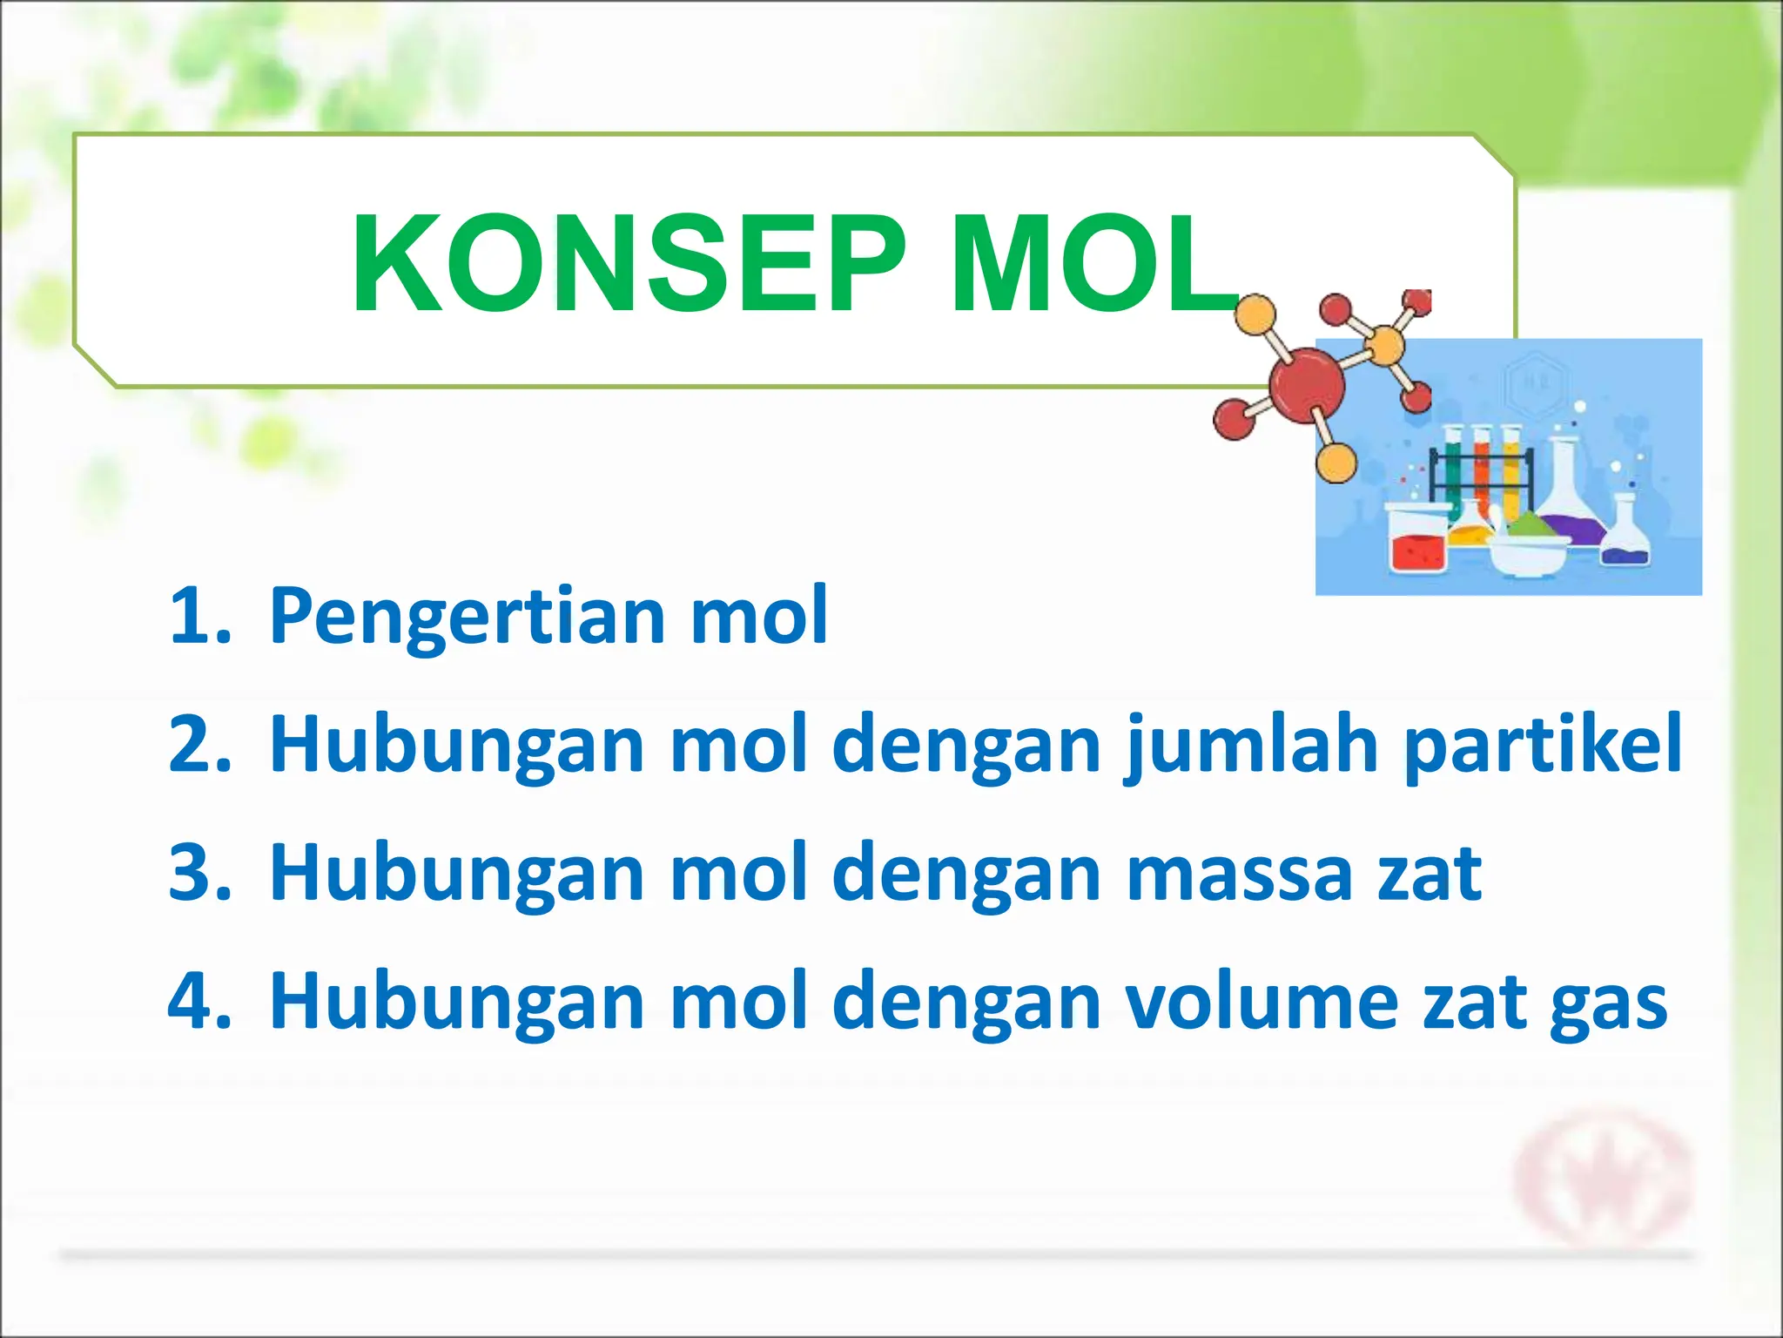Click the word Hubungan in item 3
457,874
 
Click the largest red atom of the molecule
1306,385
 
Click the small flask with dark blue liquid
1625,536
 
